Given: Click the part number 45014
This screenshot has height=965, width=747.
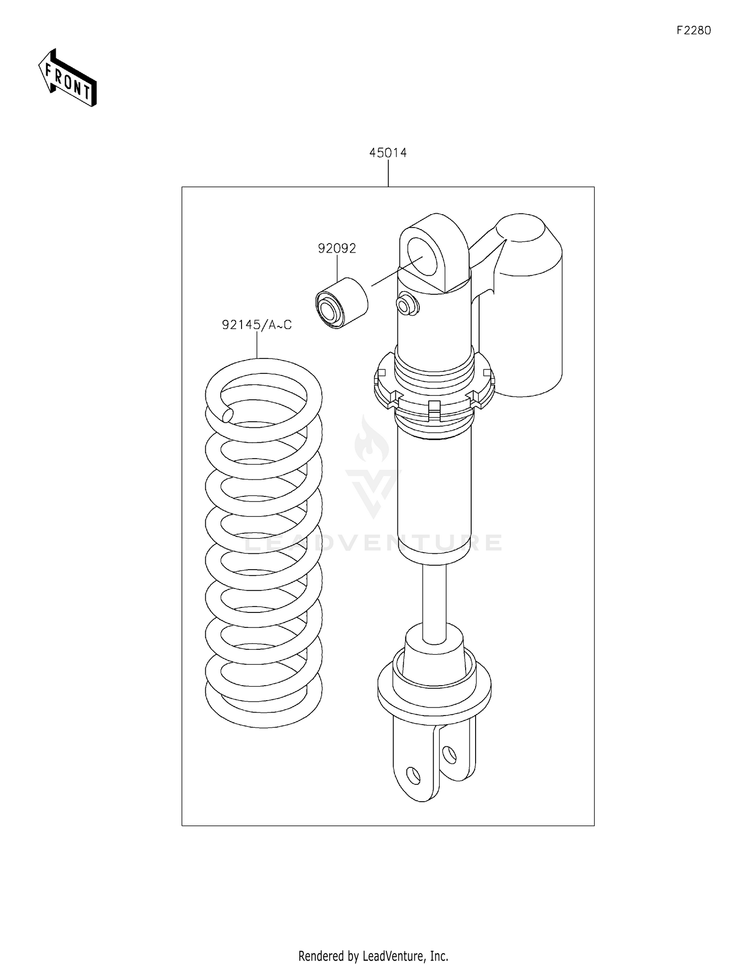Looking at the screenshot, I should tap(387, 153).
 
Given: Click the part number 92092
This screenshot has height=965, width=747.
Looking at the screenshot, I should tap(337, 248).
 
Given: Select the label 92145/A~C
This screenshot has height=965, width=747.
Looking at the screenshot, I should tap(256, 325).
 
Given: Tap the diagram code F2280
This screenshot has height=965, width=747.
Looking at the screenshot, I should tap(693, 30).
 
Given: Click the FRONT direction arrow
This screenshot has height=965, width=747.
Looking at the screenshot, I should tap(67, 79).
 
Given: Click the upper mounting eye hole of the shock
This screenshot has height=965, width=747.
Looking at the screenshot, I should tap(426, 256).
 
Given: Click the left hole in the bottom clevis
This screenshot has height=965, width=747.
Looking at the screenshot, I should tap(413, 775).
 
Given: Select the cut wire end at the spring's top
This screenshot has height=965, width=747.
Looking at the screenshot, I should tap(228, 414).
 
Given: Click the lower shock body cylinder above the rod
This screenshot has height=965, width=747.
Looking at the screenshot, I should tap(434, 493).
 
